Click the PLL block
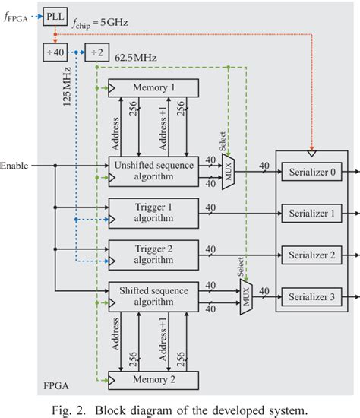[x=55, y=14]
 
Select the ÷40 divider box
[x=55, y=52]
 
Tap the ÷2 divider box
[x=96, y=52]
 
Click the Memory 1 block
[x=154, y=88]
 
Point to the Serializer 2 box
[x=312, y=253]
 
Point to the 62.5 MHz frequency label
[x=137, y=57]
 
